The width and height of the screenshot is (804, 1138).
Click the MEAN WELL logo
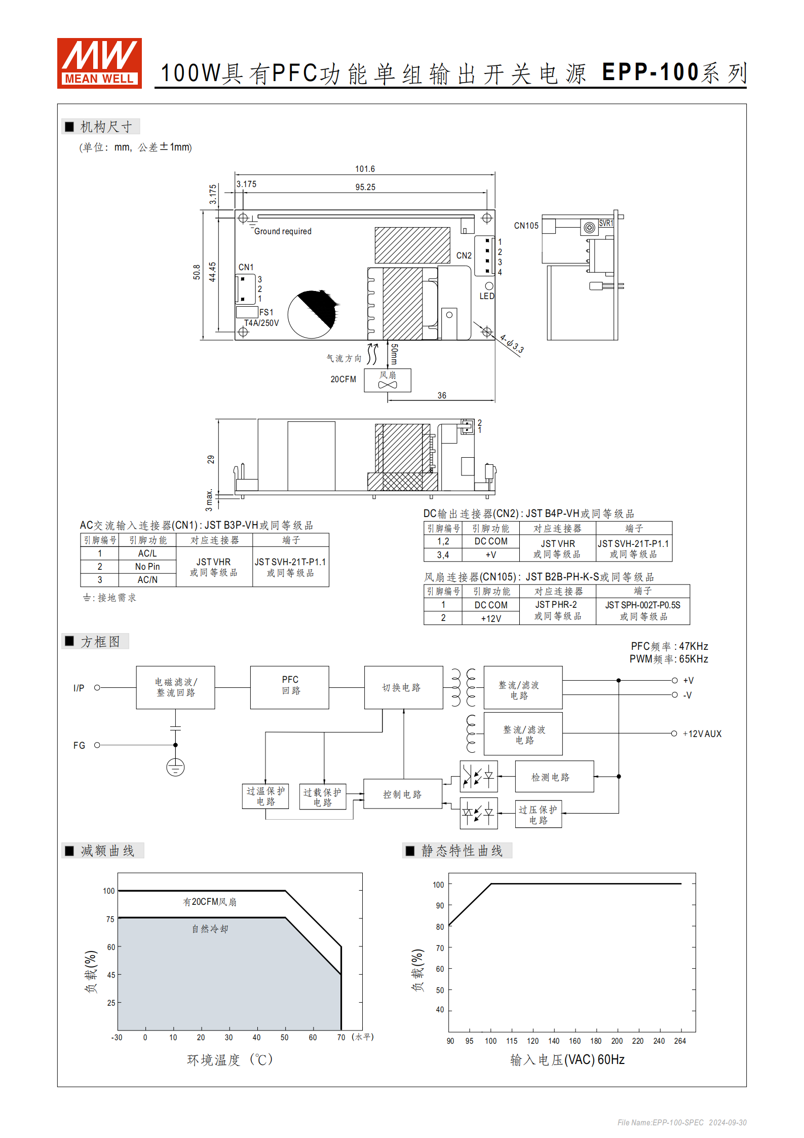[x=99, y=63]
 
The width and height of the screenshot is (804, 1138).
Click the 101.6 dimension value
[x=365, y=169]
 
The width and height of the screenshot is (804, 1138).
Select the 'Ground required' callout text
[x=283, y=231]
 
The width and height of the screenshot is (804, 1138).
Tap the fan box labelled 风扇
[x=388, y=380]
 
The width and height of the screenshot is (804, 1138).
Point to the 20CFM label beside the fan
[x=343, y=379]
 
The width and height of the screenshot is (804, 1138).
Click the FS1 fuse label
[x=266, y=312]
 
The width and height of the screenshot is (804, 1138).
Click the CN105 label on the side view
[x=526, y=226]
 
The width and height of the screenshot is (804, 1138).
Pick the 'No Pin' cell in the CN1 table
[x=147, y=567]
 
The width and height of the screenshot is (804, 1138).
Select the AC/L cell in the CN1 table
[x=147, y=554]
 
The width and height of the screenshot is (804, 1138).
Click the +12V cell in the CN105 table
[x=490, y=618]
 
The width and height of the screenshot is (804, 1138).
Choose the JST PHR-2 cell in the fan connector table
[x=556, y=605]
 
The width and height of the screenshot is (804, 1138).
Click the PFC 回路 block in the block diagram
[x=290, y=687]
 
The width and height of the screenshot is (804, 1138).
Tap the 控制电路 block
[x=403, y=794]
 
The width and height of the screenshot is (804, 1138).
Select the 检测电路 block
[x=554, y=777]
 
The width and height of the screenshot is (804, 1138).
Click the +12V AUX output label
[x=702, y=733]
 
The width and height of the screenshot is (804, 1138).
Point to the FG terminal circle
[x=97, y=745]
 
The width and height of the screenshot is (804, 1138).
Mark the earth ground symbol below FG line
[x=175, y=767]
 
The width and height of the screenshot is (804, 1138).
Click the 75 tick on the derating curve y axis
[x=110, y=919]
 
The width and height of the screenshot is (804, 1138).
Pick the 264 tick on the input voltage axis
[x=680, y=1041]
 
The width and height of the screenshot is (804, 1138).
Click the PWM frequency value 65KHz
[x=694, y=659]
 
